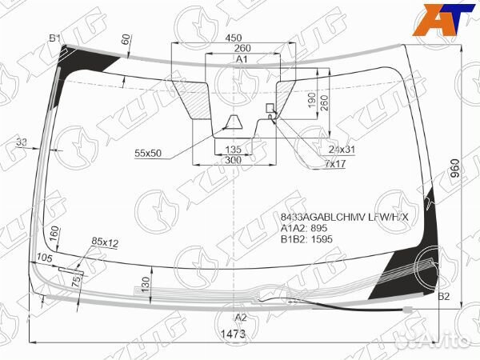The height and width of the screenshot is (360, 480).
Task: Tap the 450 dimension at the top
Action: (233, 38)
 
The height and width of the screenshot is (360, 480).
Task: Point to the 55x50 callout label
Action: (148, 152)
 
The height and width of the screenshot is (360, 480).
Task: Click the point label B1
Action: (54, 38)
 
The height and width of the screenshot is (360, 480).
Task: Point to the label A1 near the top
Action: (241, 60)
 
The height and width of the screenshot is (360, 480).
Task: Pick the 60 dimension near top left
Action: (126, 38)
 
